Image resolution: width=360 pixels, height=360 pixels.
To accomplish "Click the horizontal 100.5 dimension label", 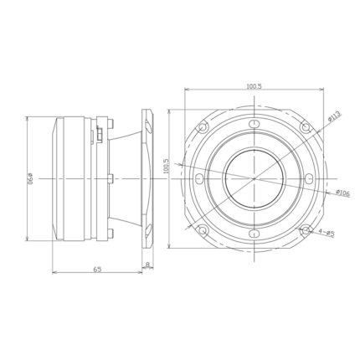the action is click(x=254, y=86).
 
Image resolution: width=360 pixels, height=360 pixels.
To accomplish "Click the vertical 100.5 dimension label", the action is click(x=167, y=167).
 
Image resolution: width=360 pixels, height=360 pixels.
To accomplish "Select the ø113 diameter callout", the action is click(x=335, y=116).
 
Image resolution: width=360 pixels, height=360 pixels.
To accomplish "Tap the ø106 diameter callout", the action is click(x=342, y=193).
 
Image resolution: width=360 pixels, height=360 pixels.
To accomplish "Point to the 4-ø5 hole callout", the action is click(x=327, y=232).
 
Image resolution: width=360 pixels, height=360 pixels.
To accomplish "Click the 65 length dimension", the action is click(x=97, y=269).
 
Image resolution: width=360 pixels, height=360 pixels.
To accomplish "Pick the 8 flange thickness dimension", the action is click(x=147, y=264).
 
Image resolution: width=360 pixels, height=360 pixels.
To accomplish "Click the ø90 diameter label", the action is click(x=30, y=178).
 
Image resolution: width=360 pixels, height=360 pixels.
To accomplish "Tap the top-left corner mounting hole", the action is click(x=203, y=127).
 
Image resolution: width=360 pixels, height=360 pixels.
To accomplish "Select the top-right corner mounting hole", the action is click(x=306, y=127).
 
